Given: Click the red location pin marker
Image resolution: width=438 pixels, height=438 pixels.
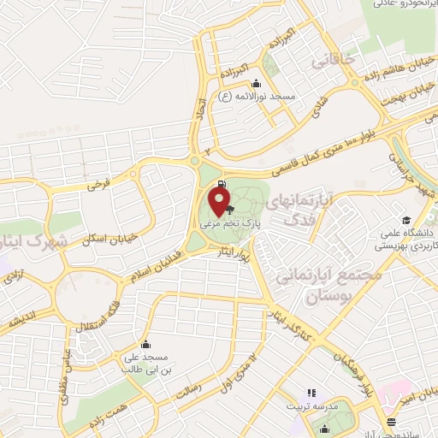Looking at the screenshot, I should click(x=221, y=200).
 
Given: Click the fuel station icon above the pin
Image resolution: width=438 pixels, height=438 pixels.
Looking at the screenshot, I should click(x=222, y=183).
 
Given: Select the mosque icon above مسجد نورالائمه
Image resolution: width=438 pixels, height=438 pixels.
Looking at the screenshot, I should click(x=257, y=84).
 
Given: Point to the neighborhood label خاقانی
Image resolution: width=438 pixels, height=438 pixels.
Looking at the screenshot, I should click(x=331, y=62).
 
